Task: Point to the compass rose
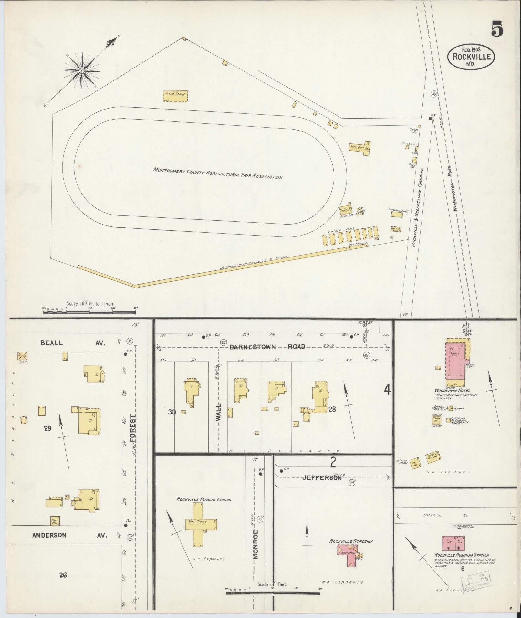point(81,70)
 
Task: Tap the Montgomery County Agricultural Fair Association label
point(218,173)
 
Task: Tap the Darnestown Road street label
point(267,347)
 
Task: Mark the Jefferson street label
point(322,478)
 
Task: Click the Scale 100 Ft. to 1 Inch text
point(89,304)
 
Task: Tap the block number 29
point(48,428)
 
